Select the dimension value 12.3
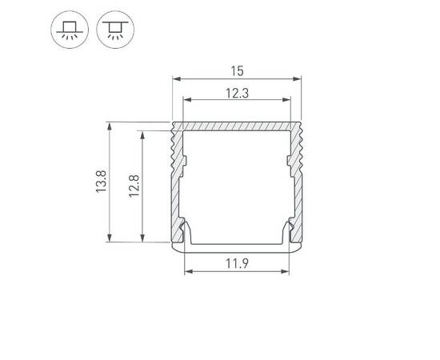click(236, 92)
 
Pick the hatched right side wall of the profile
click(297, 192)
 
